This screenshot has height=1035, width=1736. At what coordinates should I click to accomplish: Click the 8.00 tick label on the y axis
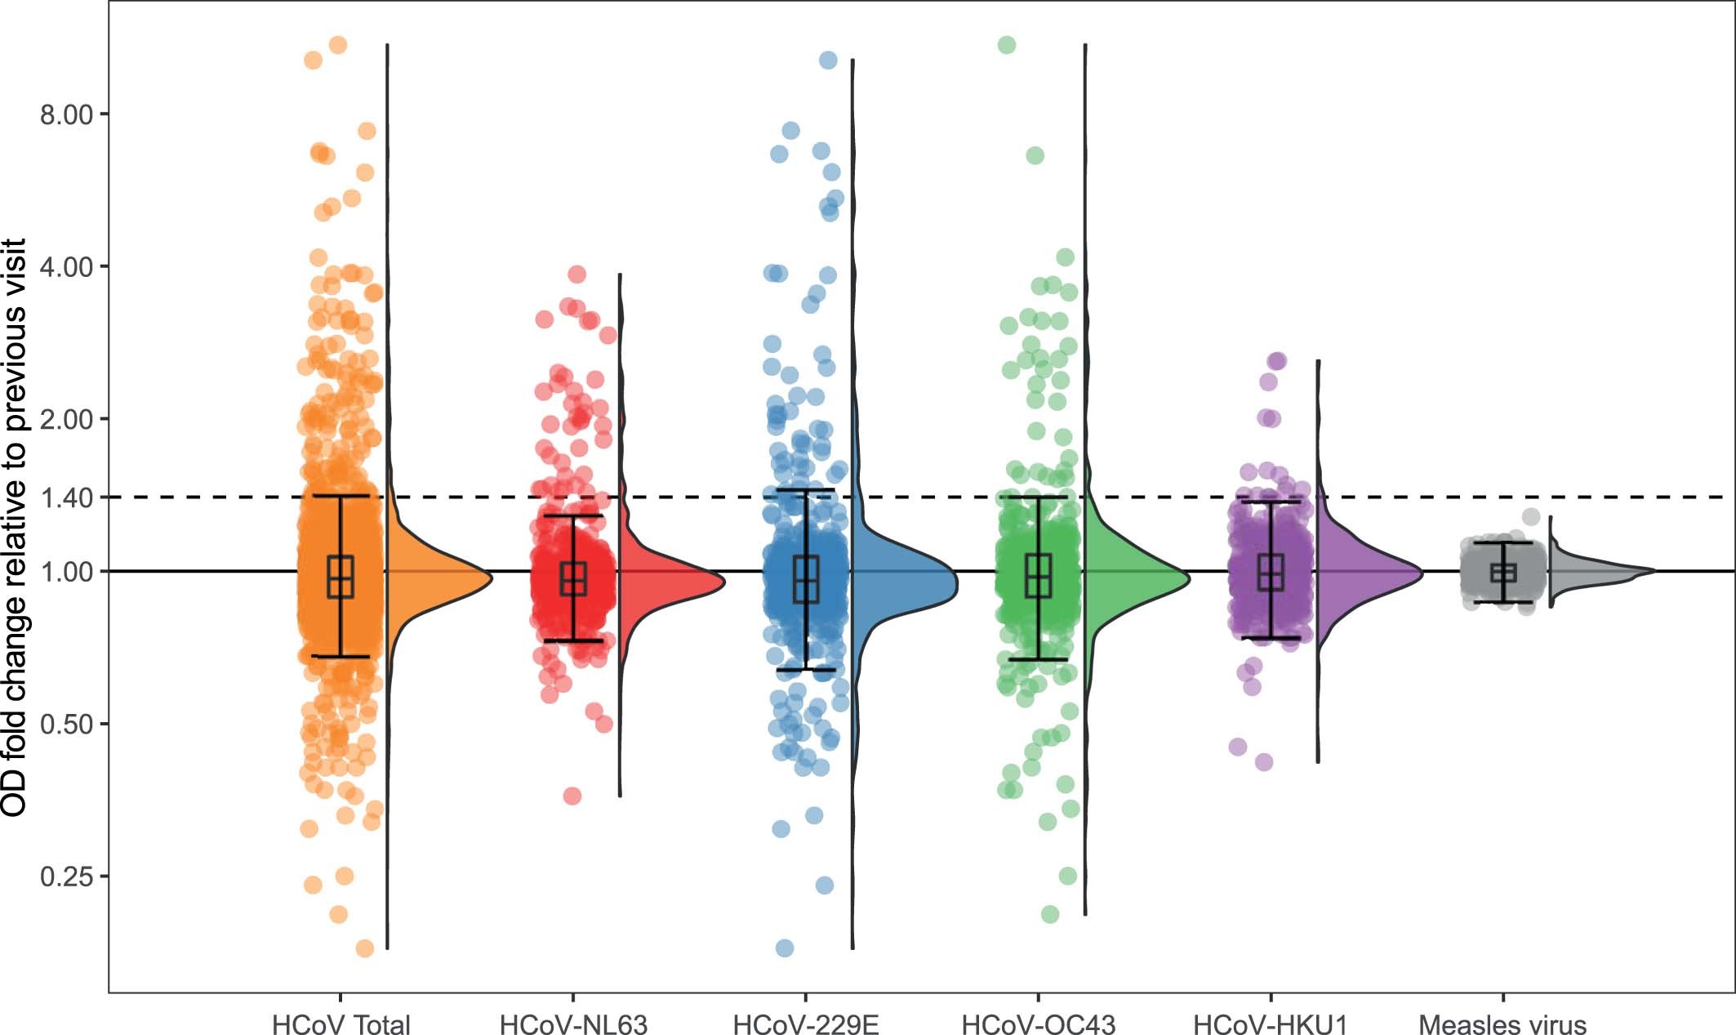tap(66, 114)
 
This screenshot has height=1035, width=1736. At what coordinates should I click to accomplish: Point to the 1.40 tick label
tap(66, 497)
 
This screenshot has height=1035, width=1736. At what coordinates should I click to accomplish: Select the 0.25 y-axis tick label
tap(66, 877)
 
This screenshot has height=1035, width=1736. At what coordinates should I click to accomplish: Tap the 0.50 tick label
tap(66, 724)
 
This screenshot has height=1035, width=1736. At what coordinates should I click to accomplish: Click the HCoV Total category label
tap(341, 1024)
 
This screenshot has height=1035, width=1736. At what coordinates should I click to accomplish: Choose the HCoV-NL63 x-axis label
tap(573, 1024)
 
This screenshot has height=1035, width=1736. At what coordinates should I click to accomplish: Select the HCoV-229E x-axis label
tap(806, 1024)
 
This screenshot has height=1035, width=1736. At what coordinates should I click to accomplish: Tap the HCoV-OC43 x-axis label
tap(1038, 1024)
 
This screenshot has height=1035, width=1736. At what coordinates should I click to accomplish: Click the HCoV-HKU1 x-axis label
tap(1271, 1024)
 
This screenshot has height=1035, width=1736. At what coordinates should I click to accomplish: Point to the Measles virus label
tap(1502, 1024)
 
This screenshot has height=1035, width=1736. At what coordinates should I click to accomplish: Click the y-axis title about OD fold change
tap(15, 527)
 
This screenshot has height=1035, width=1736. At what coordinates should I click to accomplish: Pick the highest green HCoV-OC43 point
tap(1007, 45)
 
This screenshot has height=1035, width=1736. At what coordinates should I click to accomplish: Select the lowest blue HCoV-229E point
tap(784, 948)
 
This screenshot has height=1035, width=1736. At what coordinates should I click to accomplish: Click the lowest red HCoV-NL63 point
tap(572, 796)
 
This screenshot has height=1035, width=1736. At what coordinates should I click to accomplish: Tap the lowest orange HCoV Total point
tap(365, 948)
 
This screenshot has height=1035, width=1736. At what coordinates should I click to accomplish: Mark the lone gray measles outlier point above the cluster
tap(1531, 516)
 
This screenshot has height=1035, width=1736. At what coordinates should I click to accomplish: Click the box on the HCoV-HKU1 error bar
tap(1271, 572)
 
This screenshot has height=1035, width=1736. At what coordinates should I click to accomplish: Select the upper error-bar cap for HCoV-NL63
tap(573, 515)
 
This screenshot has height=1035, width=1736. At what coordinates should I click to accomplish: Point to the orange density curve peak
tap(490, 578)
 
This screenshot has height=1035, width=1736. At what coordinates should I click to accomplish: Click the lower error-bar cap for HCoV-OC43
tap(1038, 659)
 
